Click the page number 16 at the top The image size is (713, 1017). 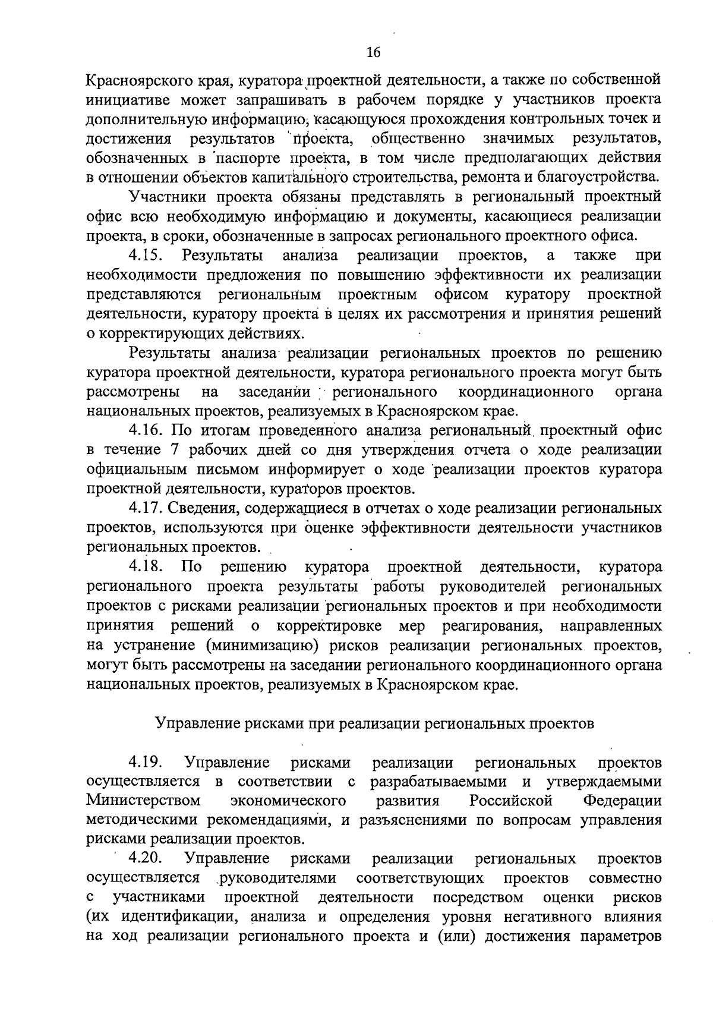[373, 52]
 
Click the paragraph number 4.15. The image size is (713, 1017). [145, 256]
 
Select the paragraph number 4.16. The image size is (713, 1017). [145, 430]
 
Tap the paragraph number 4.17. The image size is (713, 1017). [145, 508]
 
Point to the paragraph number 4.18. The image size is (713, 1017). [145, 567]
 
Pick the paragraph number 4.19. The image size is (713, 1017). [145, 762]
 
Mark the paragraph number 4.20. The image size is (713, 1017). [145, 859]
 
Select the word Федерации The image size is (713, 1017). [622, 800]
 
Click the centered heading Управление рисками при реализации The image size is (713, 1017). [374, 723]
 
